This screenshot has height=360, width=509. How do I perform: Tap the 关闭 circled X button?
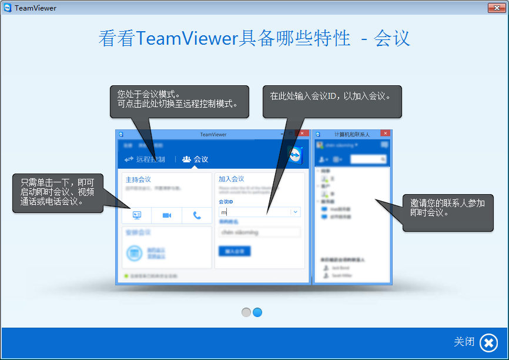point(488,342)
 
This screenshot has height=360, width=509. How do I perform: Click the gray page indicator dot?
point(246,312)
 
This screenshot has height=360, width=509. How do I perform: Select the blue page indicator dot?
point(257,312)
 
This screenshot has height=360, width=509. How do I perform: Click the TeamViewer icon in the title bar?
point(8,8)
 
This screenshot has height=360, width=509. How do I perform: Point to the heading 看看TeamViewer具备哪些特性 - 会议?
point(254,38)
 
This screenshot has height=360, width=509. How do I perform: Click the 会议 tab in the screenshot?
point(195,159)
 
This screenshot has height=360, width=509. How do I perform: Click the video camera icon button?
point(167,216)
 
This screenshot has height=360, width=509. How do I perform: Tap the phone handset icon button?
point(197,216)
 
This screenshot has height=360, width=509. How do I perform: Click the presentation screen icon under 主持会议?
point(136,216)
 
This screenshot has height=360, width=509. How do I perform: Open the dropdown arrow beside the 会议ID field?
point(295,212)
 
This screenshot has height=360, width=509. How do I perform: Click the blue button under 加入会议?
point(234,251)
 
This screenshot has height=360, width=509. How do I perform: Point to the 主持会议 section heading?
point(139,179)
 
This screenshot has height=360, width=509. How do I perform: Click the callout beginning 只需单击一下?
point(58,192)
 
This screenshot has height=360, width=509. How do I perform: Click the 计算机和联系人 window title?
point(351,134)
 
